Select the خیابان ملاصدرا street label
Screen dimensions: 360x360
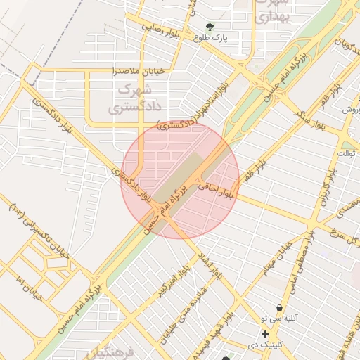[x=139, y=70]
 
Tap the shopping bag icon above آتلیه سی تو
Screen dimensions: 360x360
[x=280, y=308]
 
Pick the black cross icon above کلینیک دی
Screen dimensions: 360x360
[x=265, y=334]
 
